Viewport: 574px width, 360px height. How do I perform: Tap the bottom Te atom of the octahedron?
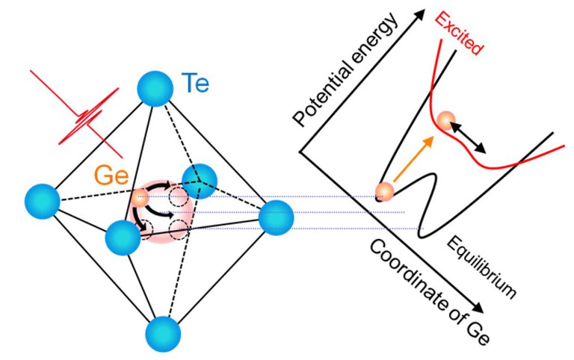163,332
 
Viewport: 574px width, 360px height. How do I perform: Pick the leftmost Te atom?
42,201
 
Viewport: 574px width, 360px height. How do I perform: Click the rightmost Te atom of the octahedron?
276,218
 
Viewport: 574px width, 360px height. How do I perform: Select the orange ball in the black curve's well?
385,192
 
